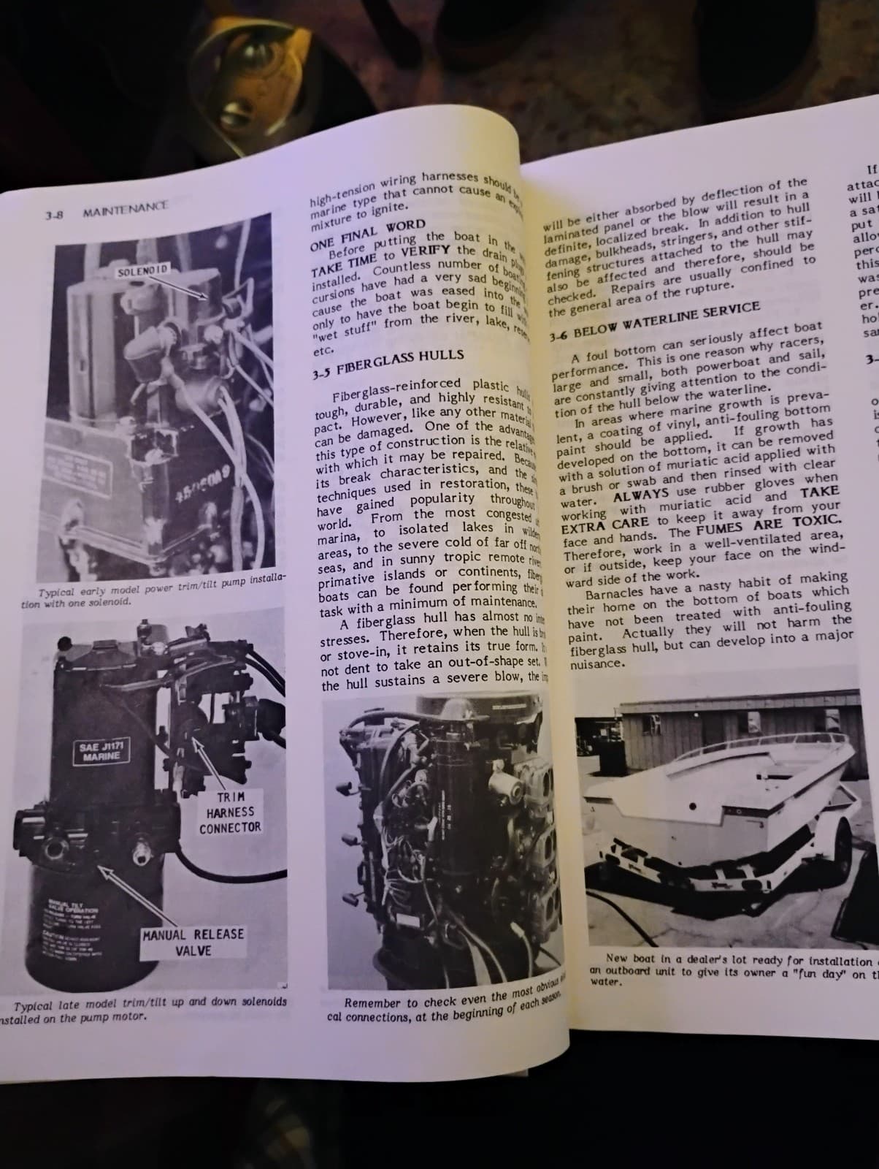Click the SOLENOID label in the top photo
click(144, 270)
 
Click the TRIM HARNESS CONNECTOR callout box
click(230, 812)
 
